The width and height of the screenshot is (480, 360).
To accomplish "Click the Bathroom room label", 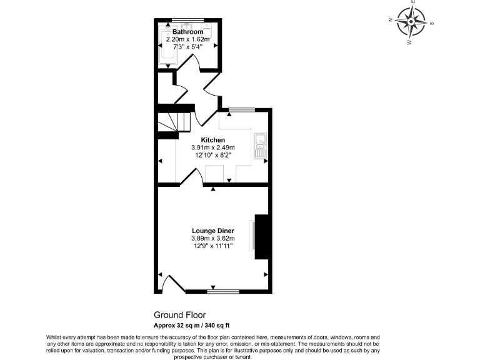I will pos(188,32).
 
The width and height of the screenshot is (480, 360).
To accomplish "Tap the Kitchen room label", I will pos(212,139).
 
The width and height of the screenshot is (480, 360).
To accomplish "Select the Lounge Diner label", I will pos(212,231).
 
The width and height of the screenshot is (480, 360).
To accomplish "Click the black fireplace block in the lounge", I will pos(262,236).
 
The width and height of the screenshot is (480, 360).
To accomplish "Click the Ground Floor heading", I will pos(179,315).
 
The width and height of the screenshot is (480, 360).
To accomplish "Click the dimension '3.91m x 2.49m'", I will pos(212,147).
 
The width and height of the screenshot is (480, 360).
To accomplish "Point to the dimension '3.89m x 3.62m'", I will pos(212,238).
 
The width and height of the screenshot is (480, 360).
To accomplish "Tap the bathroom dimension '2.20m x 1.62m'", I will pos(188,39).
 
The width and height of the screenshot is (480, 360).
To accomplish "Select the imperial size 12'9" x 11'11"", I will pos(212,246).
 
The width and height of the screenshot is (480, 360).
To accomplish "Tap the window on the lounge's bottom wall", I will pos(223,291).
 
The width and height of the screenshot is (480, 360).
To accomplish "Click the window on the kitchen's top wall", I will pos(241,110).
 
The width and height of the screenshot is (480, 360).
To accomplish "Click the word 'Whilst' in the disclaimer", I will pos(54,337).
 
